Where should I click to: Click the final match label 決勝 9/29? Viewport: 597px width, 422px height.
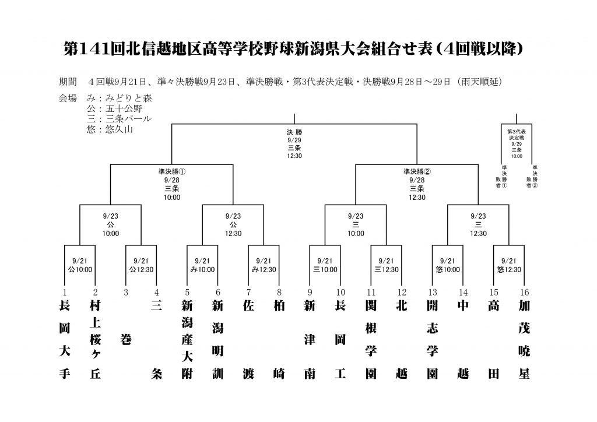tap(294, 136)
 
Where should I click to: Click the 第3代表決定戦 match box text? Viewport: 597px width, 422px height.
tap(517, 143)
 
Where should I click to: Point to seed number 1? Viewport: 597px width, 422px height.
tap(65, 292)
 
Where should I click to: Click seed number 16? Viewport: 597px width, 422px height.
tap(524, 292)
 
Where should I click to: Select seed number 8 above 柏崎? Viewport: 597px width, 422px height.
tap(279, 292)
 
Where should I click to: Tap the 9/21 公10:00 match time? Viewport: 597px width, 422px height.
tap(80, 265)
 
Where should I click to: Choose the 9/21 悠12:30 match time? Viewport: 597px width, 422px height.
tap(509, 265)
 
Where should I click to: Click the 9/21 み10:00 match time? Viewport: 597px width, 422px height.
tap(202, 265)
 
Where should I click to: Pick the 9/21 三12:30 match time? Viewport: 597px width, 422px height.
tap(387, 265)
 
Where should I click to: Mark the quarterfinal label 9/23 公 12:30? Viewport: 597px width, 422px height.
tap(233, 224)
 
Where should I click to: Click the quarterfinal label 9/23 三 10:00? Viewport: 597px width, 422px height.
tap(356, 224)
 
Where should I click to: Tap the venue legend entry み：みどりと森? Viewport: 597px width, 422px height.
tap(119, 98)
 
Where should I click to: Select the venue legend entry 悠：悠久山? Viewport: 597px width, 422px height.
tap(110, 129)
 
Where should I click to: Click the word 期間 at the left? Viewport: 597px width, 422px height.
tap(68, 82)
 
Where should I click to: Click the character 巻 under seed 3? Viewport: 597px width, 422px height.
tap(126, 339)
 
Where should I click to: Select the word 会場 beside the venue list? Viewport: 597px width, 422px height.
tap(68, 98)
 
